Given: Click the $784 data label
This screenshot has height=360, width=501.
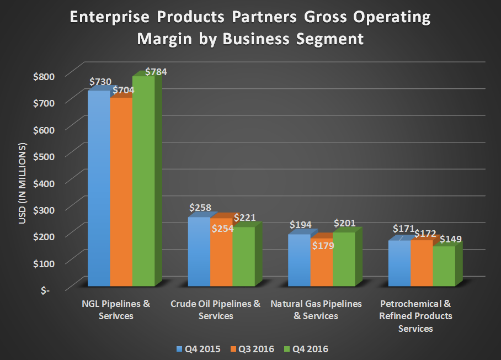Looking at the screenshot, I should click(156, 72).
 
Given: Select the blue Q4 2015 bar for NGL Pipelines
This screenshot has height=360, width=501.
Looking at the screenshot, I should click(99, 188).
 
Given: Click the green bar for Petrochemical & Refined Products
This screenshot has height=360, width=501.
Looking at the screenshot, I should click(443, 266).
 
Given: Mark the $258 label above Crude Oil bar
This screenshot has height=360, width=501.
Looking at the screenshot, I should click(200, 208).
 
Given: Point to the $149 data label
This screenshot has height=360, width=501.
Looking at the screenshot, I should click(450, 240).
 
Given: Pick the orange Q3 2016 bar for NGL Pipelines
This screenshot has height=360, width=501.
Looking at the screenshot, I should click(121, 190).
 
